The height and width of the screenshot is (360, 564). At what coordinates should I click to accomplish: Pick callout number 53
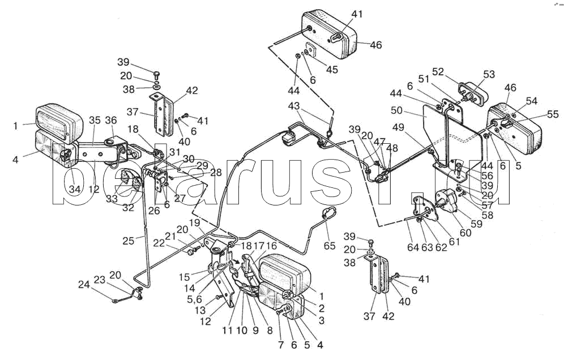click(488, 74)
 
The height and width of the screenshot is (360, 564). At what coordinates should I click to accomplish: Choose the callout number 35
click(95, 119)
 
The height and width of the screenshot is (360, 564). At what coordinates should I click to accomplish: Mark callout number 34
click(75, 189)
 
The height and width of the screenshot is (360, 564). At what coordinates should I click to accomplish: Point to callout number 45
click(332, 69)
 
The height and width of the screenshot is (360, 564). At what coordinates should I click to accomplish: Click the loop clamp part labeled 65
click(328, 213)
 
